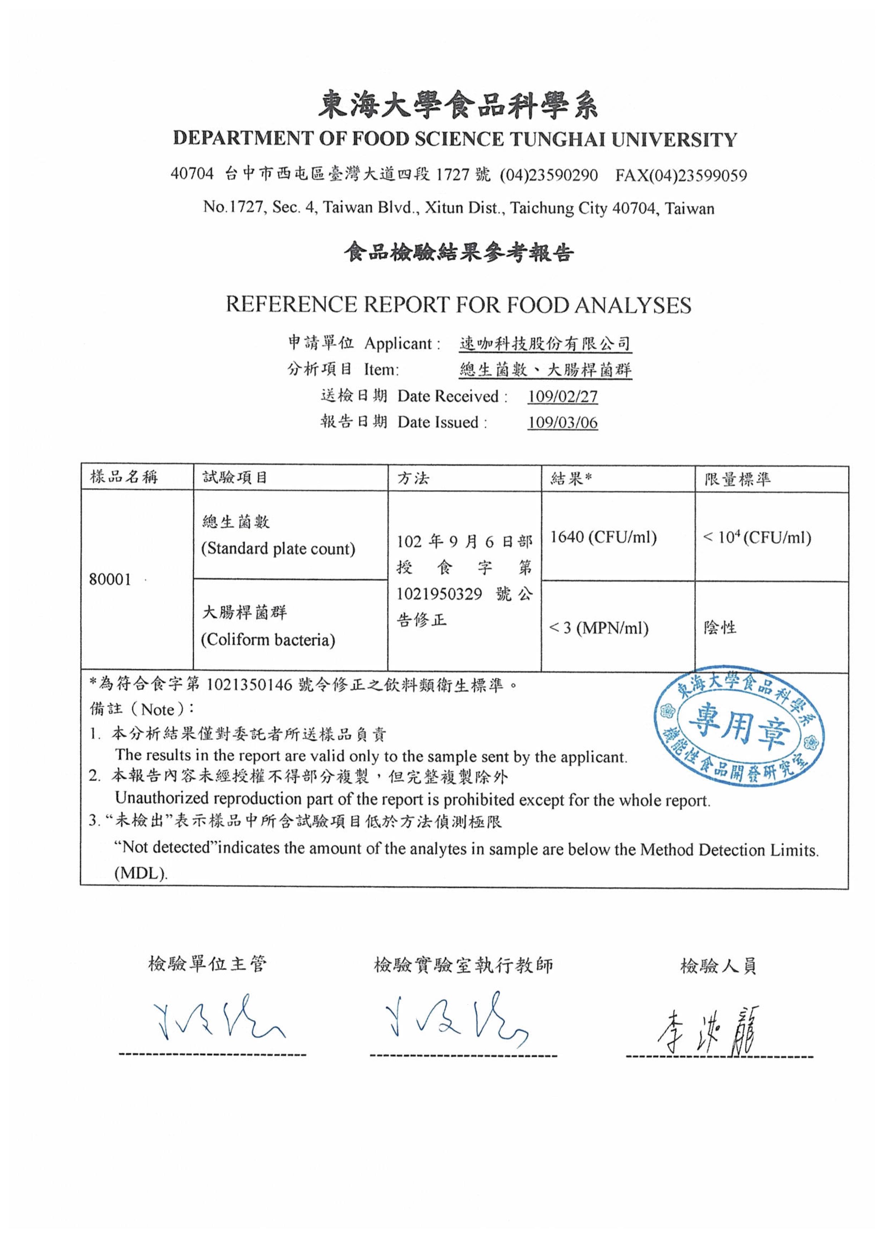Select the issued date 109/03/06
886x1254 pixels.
click(562, 422)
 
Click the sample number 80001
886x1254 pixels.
click(110, 580)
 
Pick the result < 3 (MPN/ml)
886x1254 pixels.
click(599, 628)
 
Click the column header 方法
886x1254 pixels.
click(413, 478)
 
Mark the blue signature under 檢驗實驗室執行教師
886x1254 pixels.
click(455, 1019)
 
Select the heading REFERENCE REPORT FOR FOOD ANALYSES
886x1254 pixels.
click(459, 305)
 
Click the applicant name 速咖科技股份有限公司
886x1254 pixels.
click(545, 344)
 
